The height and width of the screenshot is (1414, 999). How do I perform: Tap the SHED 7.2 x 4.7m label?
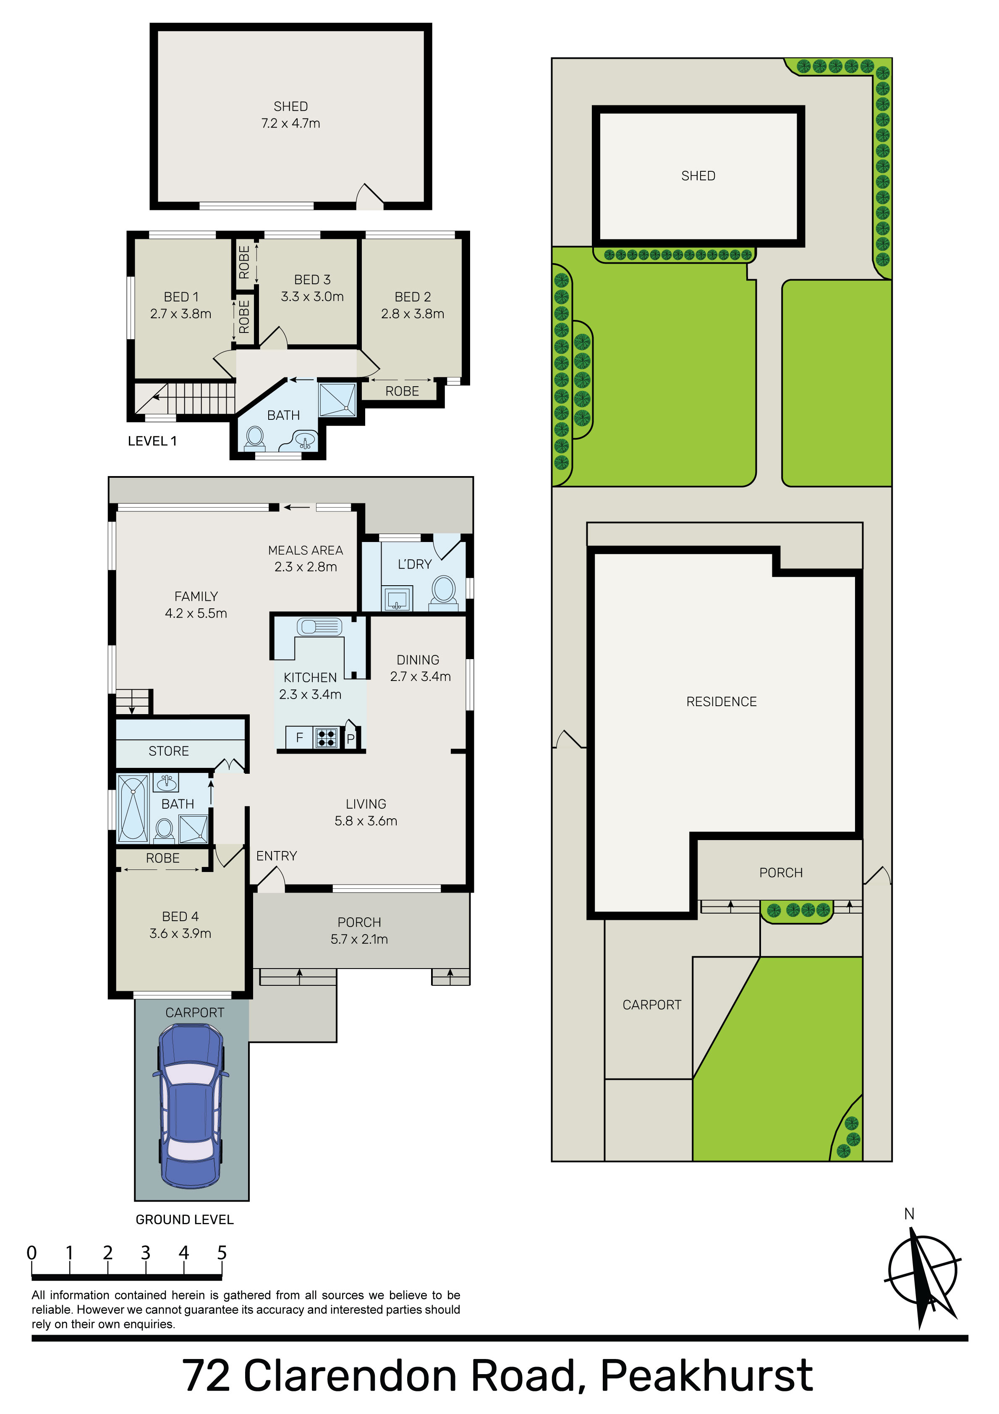click(291, 115)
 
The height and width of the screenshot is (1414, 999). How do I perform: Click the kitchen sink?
click(319, 627)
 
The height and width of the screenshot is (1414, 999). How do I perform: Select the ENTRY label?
click(277, 856)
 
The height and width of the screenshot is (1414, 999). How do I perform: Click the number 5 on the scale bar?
click(222, 1253)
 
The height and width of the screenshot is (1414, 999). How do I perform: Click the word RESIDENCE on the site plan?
click(721, 702)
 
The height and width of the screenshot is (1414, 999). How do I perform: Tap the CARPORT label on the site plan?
click(651, 1005)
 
